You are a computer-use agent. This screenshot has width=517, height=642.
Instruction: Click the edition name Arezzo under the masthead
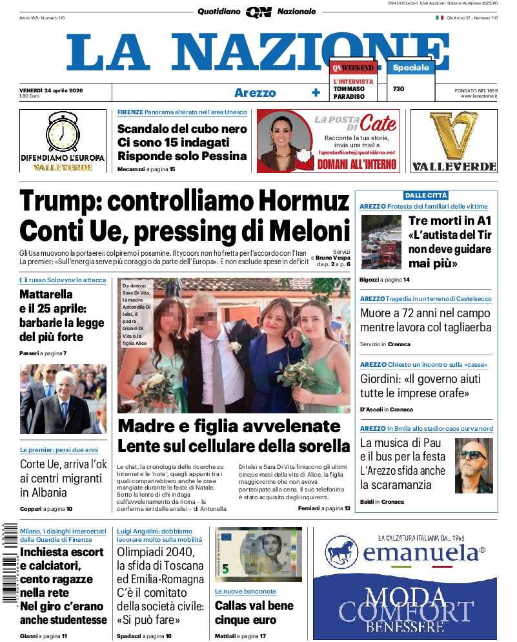tap(255, 92)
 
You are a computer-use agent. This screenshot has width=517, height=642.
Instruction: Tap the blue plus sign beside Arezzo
tap(316, 92)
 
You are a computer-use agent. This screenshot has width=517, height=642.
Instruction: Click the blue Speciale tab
tap(411, 67)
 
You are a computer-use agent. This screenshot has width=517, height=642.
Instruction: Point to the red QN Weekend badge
tap(352, 68)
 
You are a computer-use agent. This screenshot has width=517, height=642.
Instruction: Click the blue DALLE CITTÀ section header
tap(426, 195)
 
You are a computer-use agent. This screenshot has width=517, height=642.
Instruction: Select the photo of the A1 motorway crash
tap(381, 242)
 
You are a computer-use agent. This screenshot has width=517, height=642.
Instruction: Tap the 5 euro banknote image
tap(258, 554)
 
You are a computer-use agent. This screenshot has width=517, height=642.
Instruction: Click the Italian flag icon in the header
tap(440, 18)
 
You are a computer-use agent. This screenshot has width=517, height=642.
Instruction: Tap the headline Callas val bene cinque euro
tap(254, 612)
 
